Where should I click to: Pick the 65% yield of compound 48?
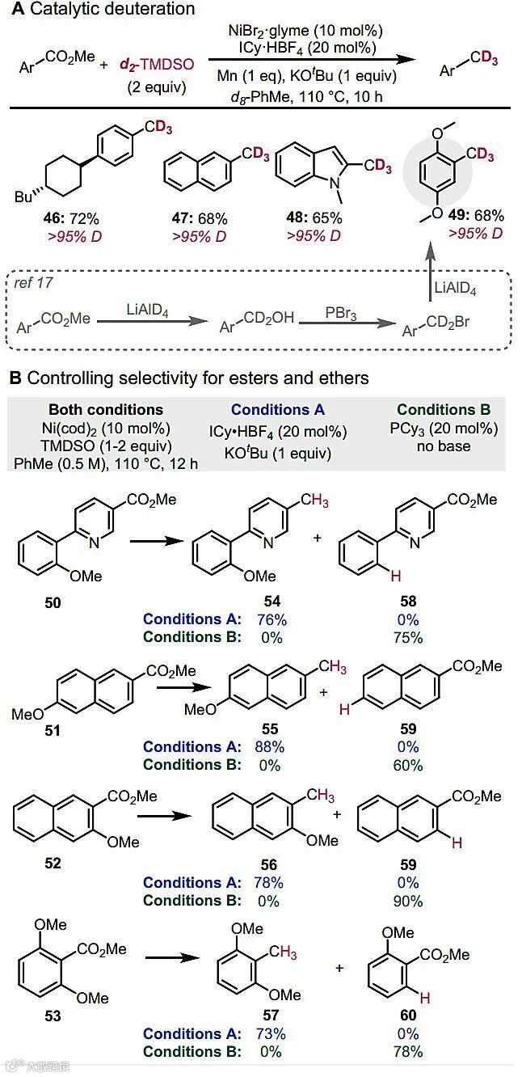[326, 218]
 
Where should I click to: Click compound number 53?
[53, 1016]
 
